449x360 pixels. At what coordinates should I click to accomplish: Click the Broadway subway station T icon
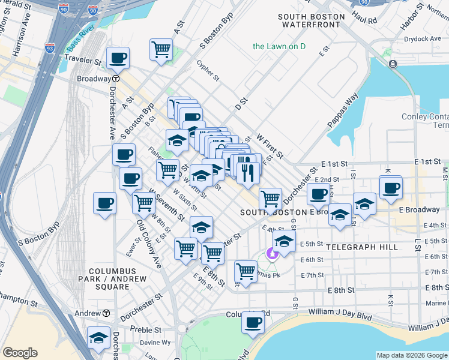(115, 79)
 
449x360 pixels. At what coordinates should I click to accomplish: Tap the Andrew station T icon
(106, 313)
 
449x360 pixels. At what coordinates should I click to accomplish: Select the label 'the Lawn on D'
(279, 46)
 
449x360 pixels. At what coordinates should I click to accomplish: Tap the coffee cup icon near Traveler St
(118, 58)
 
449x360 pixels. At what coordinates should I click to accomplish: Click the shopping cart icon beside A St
(161, 49)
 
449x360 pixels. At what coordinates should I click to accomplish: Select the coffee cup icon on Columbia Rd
(253, 322)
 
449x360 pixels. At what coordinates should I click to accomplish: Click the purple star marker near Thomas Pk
(273, 254)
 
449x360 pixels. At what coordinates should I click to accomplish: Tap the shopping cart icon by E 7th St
(246, 271)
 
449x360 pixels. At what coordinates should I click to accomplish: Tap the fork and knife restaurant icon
(248, 172)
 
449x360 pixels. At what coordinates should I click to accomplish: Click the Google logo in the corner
(20, 353)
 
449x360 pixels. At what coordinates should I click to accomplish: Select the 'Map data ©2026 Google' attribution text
(411, 355)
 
